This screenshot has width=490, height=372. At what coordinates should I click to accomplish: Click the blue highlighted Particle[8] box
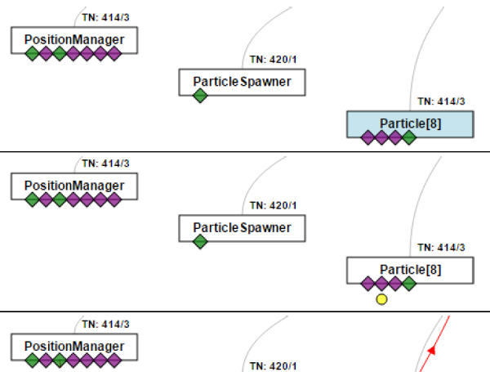click(410, 123)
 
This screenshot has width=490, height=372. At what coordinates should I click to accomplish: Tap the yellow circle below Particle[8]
click(381, 300)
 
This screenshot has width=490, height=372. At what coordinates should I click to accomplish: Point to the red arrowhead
click(432, 350)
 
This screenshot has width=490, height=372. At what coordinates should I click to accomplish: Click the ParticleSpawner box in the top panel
click(242, 82)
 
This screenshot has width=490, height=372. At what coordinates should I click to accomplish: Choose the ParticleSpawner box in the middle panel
click(242, 228)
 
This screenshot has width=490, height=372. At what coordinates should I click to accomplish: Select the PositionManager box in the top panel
click(73, 39)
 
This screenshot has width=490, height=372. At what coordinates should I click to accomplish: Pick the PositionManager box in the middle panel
click(73, 186)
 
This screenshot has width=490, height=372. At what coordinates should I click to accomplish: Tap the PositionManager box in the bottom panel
click(73, 346)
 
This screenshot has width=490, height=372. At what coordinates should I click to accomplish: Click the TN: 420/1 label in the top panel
click(273, 60)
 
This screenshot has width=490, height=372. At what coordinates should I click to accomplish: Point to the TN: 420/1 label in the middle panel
click(273, 205)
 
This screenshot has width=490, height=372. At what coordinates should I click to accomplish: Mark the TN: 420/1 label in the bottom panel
click(273, 365)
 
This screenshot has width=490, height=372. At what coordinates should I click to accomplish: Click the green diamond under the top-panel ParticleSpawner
click(200, 96)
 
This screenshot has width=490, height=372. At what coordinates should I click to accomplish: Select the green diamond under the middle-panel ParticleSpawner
click(200, 242)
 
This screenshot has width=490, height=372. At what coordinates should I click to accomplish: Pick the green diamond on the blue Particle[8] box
click(409, 137)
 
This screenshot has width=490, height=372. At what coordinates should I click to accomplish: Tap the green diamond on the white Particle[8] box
click(409, 284)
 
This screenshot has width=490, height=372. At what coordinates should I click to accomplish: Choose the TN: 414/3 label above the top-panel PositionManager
click(105, 17)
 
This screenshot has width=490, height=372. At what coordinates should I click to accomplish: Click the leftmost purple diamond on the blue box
click(367, 137)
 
